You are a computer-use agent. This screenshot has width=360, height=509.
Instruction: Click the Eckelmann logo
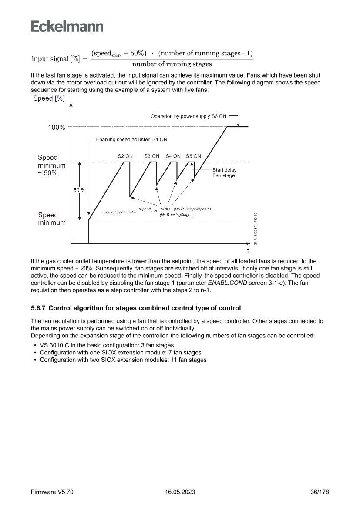[67, 26]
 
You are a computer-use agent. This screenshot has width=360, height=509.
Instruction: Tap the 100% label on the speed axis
[57, 128]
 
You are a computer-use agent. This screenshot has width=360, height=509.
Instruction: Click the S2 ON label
[125, 156]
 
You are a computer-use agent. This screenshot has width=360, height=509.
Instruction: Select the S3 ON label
[152, 156]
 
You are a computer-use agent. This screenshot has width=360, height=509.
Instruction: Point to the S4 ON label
[173, 156]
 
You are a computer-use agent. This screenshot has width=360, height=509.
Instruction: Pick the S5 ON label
[193, 156]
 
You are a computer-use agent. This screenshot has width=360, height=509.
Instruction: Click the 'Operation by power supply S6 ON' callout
[188, 116]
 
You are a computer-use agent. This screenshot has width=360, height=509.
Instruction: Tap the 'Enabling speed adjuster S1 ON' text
[131, 140]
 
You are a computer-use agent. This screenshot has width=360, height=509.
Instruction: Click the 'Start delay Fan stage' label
[224, 173]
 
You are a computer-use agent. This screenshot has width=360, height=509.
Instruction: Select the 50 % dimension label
[79, 190]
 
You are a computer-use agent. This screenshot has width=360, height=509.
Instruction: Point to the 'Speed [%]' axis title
[49, 98]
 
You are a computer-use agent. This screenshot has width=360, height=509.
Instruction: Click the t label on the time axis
[248, 251]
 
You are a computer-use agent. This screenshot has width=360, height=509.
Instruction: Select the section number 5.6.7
[38, 308]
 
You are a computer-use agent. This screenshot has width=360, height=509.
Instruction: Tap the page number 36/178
[320, 492]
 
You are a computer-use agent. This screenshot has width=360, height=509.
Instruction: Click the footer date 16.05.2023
[180, 492]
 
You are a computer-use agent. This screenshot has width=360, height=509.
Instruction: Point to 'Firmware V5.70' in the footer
[52, 492]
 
